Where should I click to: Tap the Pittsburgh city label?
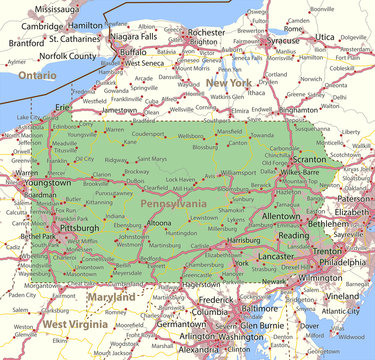pos(78,228)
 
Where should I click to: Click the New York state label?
pos(229,82)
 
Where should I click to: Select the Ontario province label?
pos(37,75)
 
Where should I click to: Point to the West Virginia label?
pos(75,325)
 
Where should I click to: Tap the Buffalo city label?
pos(132,51)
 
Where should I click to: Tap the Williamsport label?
pos(237,172)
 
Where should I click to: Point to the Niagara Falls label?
pos(134,36)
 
